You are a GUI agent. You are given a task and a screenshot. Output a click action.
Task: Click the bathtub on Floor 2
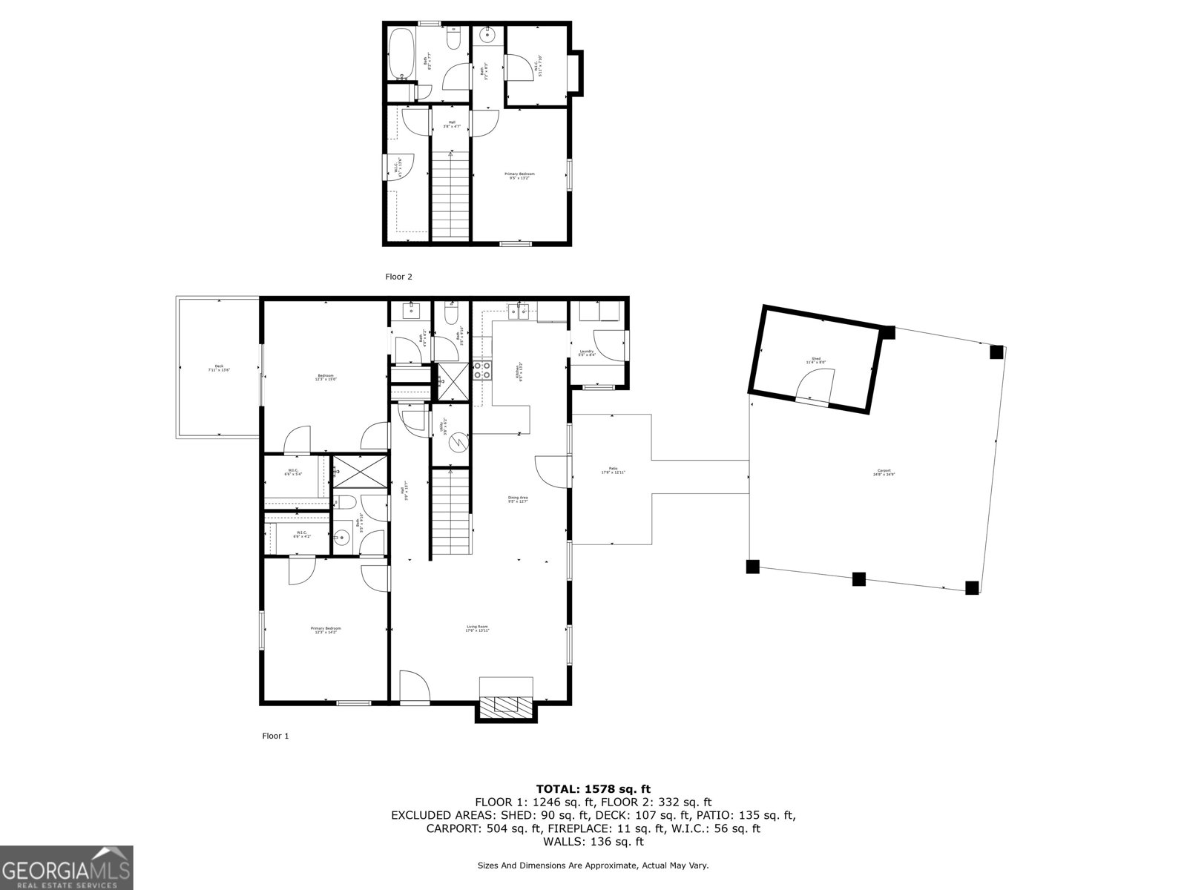[402, 53]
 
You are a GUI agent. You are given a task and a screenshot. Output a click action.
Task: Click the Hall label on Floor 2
[452, 125]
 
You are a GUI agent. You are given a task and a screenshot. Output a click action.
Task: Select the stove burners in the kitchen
[482, 370]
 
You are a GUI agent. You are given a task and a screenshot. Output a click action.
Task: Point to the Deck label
[219, 368]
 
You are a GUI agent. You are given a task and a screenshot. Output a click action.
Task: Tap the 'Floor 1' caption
[275, 736]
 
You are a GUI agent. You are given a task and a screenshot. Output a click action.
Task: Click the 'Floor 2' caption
[398, 277]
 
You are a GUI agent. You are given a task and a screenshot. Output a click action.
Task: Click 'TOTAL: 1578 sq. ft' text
[593, 789]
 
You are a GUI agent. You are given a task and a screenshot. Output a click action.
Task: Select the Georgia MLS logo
[67, 867]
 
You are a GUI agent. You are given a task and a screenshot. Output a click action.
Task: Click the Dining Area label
[518, 499]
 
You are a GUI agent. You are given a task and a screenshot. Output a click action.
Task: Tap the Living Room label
[477, 628]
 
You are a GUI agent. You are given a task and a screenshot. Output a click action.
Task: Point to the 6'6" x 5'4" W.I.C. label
[293, 473]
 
